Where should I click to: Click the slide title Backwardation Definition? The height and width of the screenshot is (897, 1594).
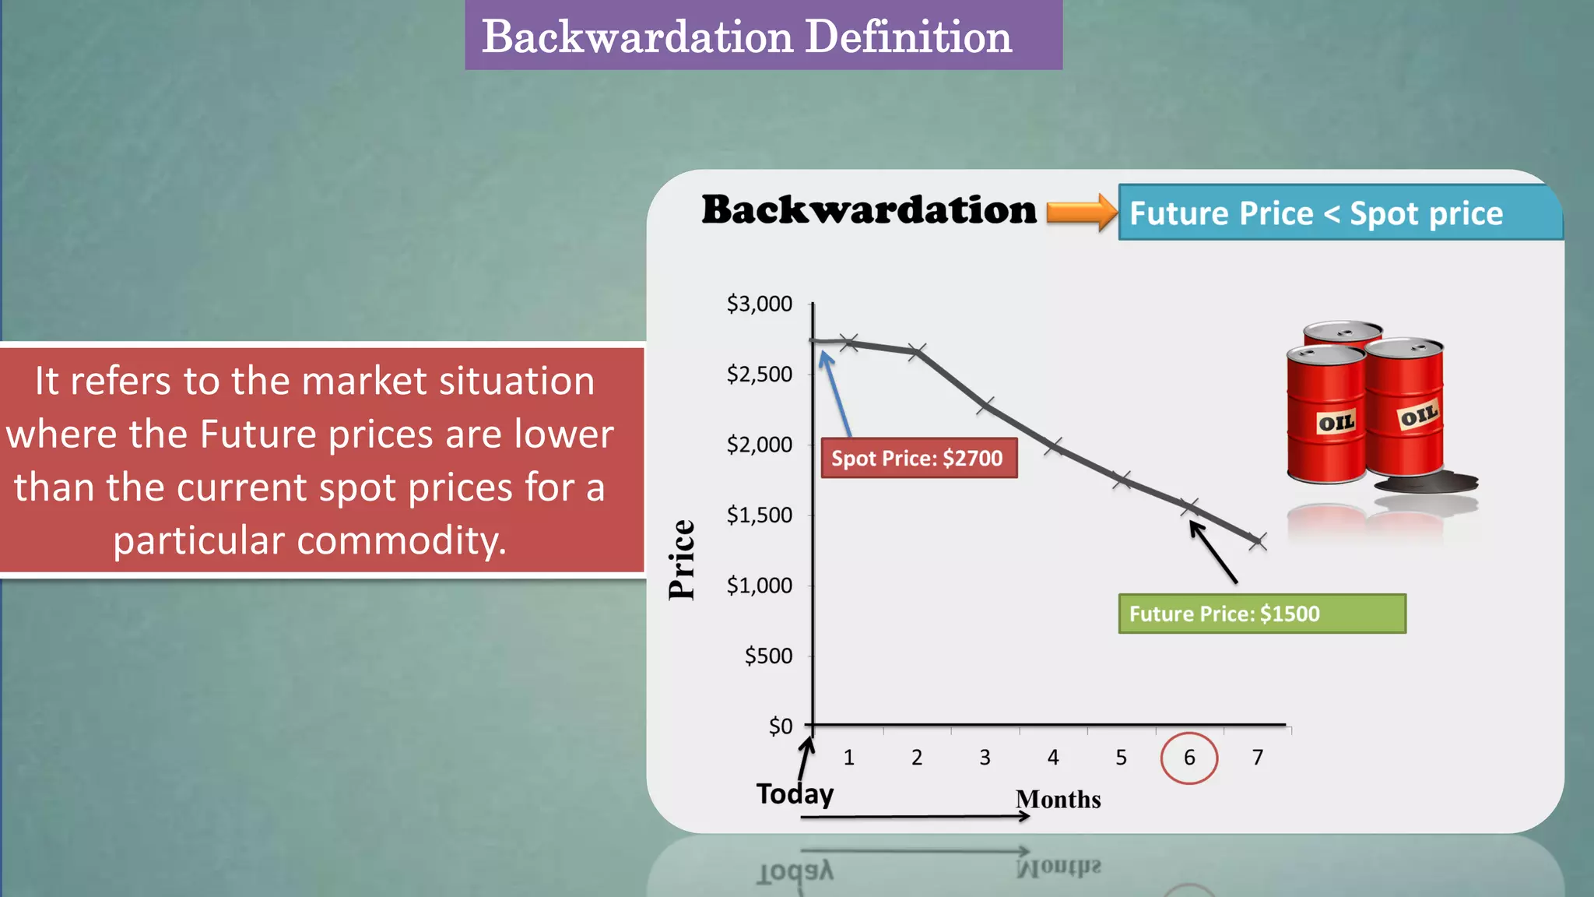747,37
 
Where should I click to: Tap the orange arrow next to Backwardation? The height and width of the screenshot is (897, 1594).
1080,212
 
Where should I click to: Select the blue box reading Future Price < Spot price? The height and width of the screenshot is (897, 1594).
1339,213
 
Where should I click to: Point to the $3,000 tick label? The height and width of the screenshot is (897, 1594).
759,304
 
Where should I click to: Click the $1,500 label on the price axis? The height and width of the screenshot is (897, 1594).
759,515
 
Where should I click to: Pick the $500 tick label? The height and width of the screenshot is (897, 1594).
768,656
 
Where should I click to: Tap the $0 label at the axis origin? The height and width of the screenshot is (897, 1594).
780,726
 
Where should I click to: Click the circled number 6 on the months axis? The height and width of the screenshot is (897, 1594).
1188,758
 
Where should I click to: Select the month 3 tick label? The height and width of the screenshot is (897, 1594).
985,758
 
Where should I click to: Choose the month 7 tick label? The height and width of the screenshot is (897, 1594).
1257,758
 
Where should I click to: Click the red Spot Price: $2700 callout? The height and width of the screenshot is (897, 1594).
918,458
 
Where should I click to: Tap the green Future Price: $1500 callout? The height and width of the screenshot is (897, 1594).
1261,614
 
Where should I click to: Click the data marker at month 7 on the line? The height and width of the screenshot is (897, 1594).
1257,540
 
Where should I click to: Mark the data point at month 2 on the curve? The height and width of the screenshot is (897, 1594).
917,351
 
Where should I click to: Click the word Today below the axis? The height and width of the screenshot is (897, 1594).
795,793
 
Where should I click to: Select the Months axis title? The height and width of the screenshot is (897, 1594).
1058,800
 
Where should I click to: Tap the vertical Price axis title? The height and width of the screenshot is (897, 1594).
682,559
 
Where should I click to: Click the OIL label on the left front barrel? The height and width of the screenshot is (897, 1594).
1336,423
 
